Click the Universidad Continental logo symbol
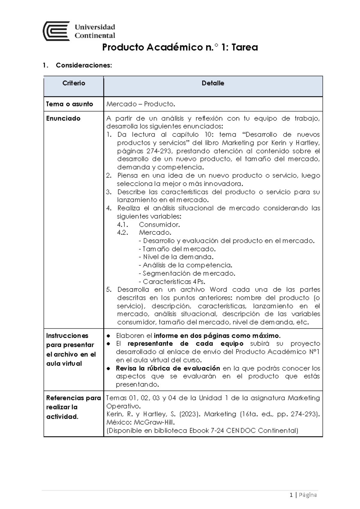[x=56, y=31]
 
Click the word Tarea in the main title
[x=244, y=47]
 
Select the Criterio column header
[x=74, y=83]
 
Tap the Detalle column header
[x=213, y=83]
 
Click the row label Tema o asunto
[x=69, y=104]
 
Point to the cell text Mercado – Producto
[x=140, y=104]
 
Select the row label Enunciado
[x=63, y=118]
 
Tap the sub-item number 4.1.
[x=123, y=225]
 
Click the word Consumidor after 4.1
[x=159, y=225]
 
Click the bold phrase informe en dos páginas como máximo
[x=217, y=335]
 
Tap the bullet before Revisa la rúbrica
[x=109, y=368]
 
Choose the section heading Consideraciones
[x=84, y=65]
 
